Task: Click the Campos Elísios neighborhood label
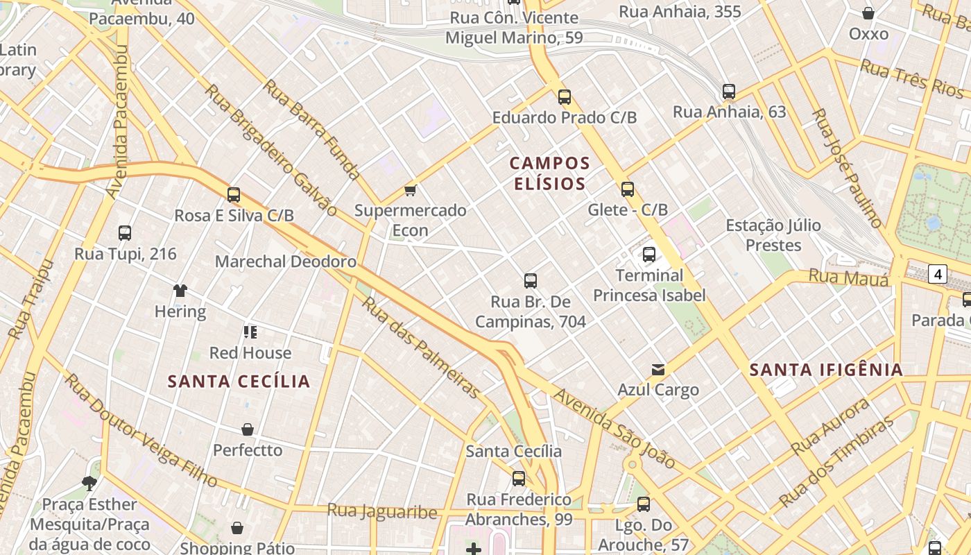pos(549,173)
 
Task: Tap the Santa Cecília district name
pos(239,382)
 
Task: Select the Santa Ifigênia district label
pos(826,370)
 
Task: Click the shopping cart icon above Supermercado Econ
pos(410,190)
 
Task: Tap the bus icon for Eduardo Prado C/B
pos(565,97)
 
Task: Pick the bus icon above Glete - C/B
pos(628,189)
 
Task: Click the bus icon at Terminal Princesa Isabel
pos(649,255)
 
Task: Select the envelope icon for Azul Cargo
pos(658,370)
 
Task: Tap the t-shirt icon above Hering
pos(180,291)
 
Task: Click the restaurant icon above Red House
pos(250,332)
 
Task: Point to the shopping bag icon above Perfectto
pos(248,430)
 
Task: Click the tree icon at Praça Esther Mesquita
pos(89,483)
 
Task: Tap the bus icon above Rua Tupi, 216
pos(125,233)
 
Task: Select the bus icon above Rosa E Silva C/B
pos(234,195)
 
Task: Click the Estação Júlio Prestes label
pos(773,235)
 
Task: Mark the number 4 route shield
pos(938,274)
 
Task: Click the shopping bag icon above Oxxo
pos(868,13)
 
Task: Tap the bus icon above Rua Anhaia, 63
pos(729,92)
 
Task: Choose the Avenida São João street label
pos(614,428)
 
